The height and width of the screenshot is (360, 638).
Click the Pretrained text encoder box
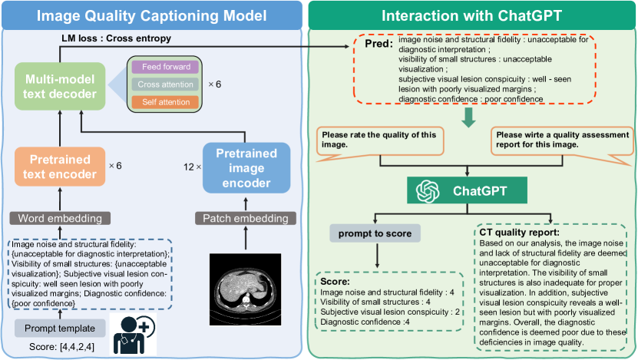59,167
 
